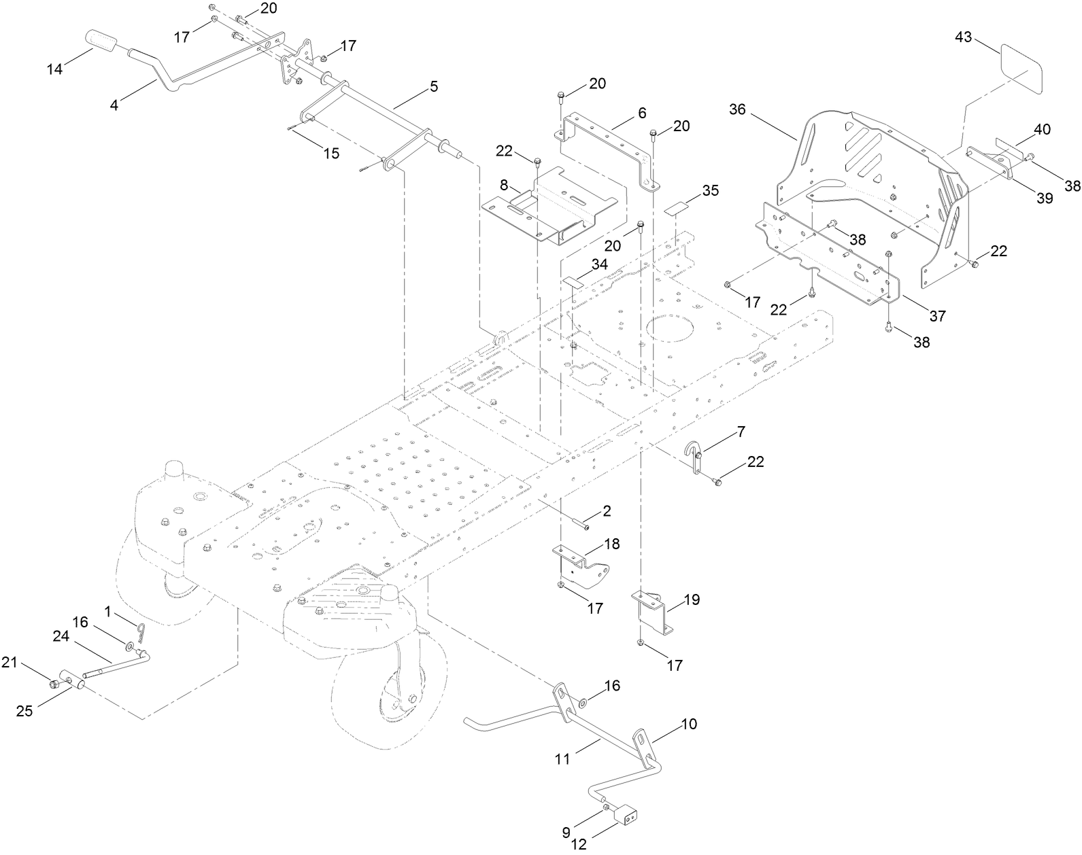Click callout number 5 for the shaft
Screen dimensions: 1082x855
tap(434, 86)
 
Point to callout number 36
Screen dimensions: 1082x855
tap(738, 109)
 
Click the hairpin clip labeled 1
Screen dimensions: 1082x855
tap(139, 632)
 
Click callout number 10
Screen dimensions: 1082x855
tap(688, 724)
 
